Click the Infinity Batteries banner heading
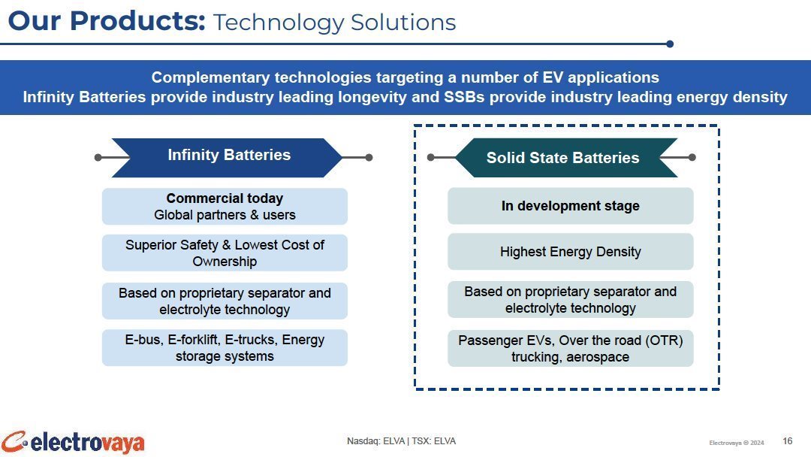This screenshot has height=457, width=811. point(227,157)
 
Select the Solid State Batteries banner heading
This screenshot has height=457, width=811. point(566,157)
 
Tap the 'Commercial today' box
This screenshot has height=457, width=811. point(225,206)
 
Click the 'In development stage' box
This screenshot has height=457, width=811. point(570,205)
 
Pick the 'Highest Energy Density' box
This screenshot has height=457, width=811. point(570,252)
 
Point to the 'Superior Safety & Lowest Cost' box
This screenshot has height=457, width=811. point(225,253)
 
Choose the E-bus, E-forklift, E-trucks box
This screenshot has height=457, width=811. point(225,348)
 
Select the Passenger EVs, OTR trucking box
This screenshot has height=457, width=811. point(570,348)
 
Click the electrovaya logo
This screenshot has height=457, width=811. point(72,443)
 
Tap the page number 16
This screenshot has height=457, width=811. point(787,441)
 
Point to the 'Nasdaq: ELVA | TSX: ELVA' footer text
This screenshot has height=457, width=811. point(401,441)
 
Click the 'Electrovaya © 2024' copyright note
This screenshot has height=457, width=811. point(737,443)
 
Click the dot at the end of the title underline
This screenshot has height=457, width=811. point(670,44)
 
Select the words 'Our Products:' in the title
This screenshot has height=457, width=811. point(107,22)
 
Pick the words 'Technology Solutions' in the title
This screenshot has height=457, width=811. point(335,23)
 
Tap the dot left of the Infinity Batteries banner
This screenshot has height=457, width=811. point(98,157)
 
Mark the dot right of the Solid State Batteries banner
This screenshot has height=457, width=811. point(692,157)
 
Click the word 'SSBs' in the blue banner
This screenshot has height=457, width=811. point(464,97)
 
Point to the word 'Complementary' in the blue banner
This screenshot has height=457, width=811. point(210,77)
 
